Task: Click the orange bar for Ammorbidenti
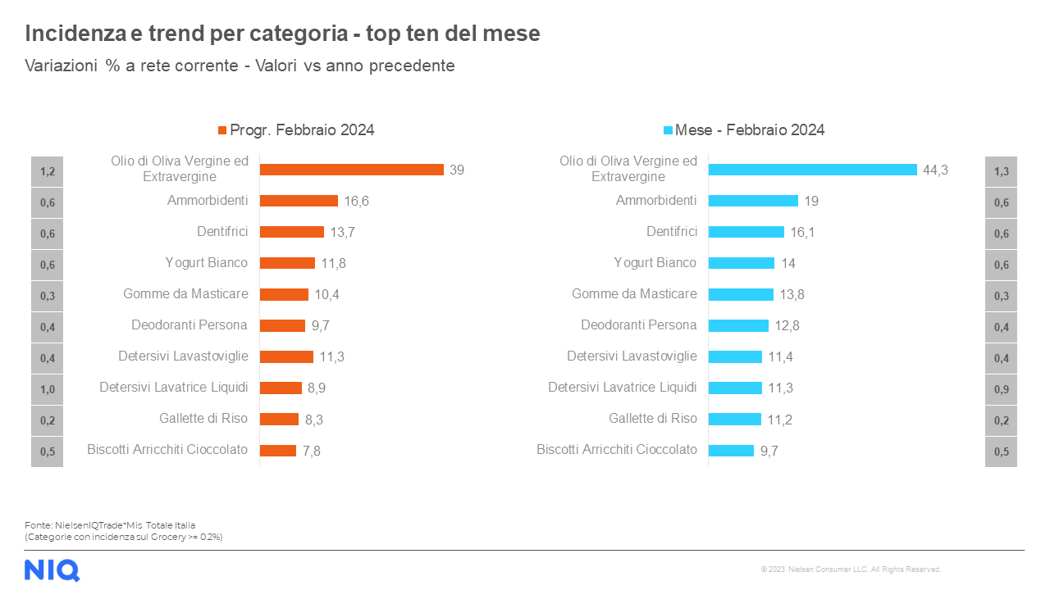click(299, 201)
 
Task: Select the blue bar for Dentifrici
click(746, 232)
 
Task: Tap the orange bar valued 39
click(351, 170)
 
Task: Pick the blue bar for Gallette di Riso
click(734, 419)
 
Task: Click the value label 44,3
click(935, 170)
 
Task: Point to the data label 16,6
click(357, 202)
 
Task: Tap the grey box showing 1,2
click(47, 171)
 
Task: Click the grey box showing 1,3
click(1001, 171)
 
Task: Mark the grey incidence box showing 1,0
click(47, 389)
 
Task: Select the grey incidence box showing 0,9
click(1001, 389)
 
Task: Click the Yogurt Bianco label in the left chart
click(206, 263)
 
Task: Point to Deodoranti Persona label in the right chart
click(638, 325)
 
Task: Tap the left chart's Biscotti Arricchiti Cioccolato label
click(167, 450)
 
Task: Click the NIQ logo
click(52, 570)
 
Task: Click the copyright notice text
click(851, 570)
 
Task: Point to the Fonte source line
click(110, 525)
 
